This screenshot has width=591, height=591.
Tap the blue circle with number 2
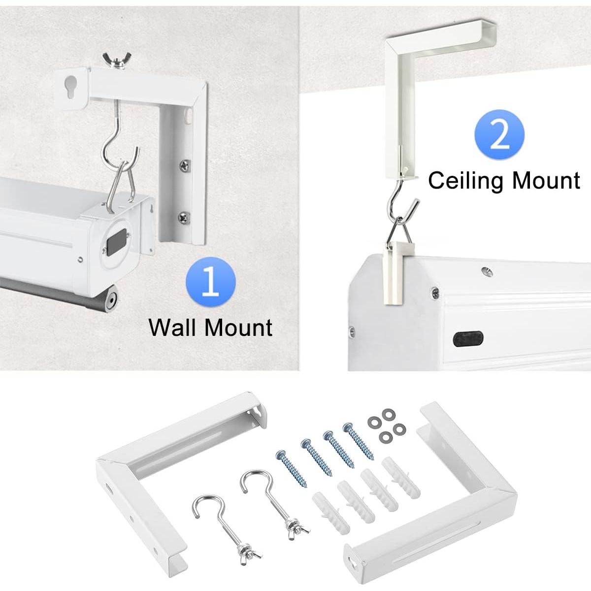[x=499, y=134]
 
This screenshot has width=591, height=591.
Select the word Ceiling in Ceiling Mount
[x=467, y=181]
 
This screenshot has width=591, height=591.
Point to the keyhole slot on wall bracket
[x=70, y=87]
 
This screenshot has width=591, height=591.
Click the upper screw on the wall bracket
[x=185, y=165]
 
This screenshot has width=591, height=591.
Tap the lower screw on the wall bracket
[x=184, y=217]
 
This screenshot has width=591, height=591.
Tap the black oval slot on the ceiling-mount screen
[x=468, y=339]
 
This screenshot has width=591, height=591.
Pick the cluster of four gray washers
[x=387, y=426]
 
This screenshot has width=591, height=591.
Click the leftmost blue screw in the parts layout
[x=292, y=468]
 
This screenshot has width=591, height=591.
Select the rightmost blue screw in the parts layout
[x=359, y=441]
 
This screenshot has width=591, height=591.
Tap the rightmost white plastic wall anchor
[x=401, y=481]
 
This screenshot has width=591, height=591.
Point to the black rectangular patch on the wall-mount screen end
[x=116, y=241]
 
